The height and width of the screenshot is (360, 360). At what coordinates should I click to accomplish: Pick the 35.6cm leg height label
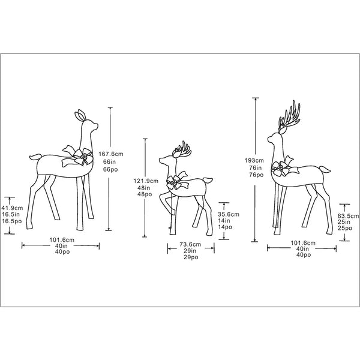click(229, 214)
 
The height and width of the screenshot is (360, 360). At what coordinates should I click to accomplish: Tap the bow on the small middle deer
click(176, 181)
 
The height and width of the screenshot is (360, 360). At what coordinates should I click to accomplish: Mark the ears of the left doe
click(80, 115)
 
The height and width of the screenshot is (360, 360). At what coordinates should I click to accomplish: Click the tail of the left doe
click(35, 157)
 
